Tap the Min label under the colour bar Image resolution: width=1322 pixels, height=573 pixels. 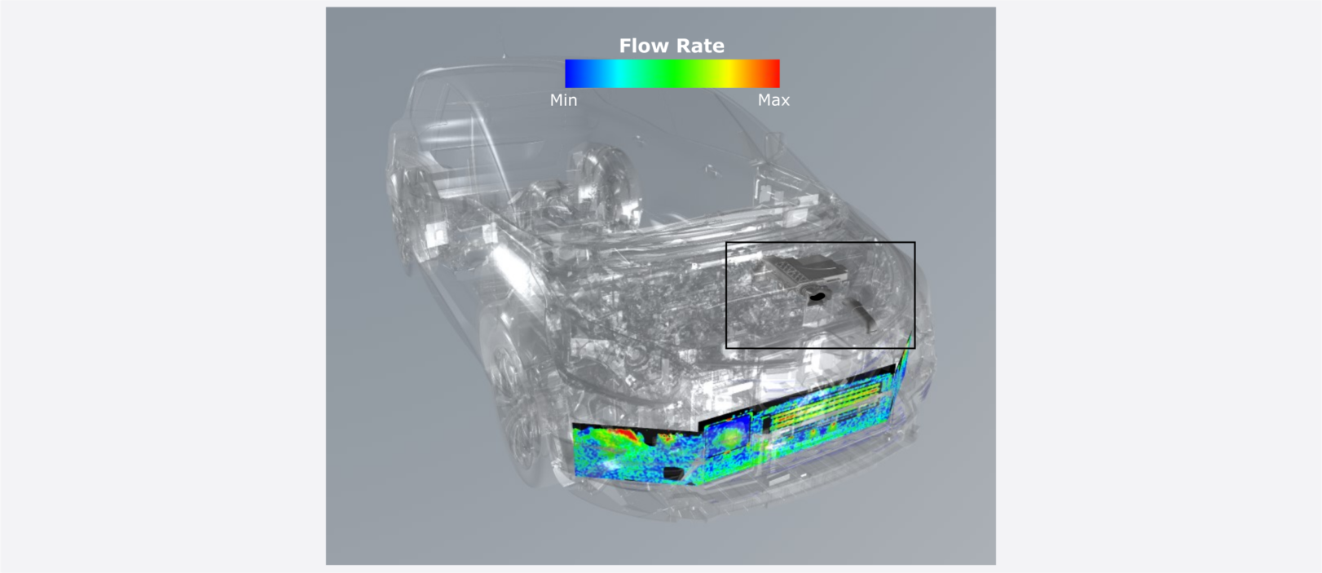563,100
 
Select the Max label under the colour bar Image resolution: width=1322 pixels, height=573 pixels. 773,100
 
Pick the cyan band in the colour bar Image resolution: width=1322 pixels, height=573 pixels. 623,73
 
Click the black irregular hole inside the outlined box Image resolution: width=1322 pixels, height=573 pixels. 817,294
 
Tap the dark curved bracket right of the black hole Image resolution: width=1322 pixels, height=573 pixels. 862,315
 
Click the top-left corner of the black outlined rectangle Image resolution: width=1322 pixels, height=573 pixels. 726,243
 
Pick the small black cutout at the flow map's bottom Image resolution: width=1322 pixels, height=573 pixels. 673,472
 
